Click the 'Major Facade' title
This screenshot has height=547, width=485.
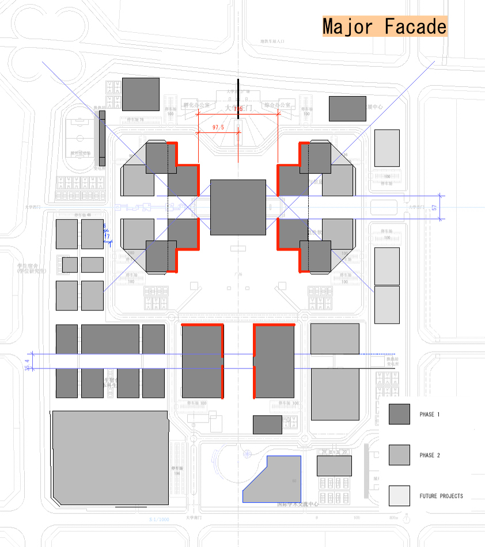tap(384, 26)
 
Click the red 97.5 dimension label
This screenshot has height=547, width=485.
tap(218, 127)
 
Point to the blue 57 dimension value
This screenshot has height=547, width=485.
tap(434, 207)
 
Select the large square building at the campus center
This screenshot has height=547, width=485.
tap(238, 207)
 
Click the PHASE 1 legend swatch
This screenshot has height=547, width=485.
tap(399, 414)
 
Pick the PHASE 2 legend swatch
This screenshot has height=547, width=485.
tap(399, 455)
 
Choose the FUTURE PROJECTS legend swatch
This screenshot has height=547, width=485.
tap(399, 496)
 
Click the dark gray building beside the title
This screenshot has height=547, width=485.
tap(348, 108)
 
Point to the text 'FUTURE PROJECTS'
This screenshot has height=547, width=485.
tap(441, 496)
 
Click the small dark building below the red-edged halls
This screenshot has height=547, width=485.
tap(267, 425)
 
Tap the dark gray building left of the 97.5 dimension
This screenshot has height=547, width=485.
tap(141, 94)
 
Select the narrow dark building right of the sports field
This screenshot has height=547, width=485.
tap(103, 138)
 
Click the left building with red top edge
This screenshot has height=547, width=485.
tap(202, 362)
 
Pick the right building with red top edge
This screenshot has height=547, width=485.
tap(274, 362)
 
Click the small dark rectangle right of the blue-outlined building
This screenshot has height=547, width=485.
tap(334, 466)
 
